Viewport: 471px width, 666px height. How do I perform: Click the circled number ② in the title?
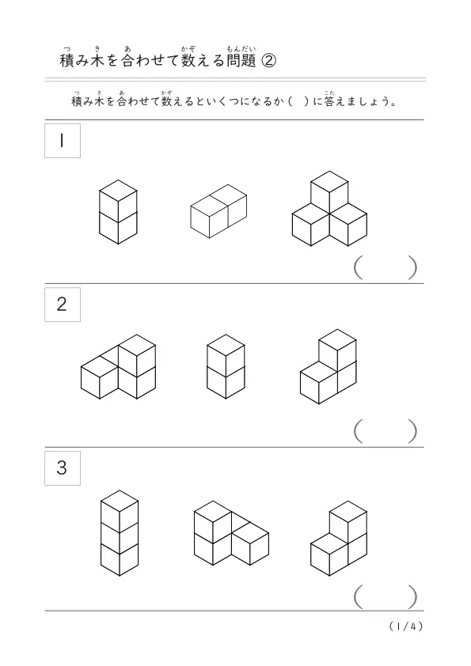268,61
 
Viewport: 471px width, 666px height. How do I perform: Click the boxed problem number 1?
63,141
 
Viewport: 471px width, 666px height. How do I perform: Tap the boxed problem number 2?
63,304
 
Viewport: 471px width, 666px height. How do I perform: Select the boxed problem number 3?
63,467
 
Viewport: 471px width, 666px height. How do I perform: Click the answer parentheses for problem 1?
386,267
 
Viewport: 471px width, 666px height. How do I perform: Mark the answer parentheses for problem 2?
386,431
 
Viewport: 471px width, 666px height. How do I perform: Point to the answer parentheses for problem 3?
386,596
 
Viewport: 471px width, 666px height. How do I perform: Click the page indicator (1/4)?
406,626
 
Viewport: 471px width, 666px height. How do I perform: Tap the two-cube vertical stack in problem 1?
118,212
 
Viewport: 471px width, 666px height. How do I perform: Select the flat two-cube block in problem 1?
218,211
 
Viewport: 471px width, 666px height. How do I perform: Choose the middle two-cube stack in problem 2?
226,366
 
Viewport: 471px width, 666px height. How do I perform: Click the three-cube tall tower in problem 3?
120,533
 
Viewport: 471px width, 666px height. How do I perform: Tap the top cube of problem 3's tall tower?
120,512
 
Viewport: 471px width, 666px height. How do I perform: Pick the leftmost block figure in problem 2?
118,366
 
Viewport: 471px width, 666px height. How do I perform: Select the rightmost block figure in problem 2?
329,366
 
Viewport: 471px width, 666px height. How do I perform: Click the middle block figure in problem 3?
231,533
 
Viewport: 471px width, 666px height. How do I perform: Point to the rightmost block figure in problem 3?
339,538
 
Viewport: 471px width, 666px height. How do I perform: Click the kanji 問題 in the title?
241,61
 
